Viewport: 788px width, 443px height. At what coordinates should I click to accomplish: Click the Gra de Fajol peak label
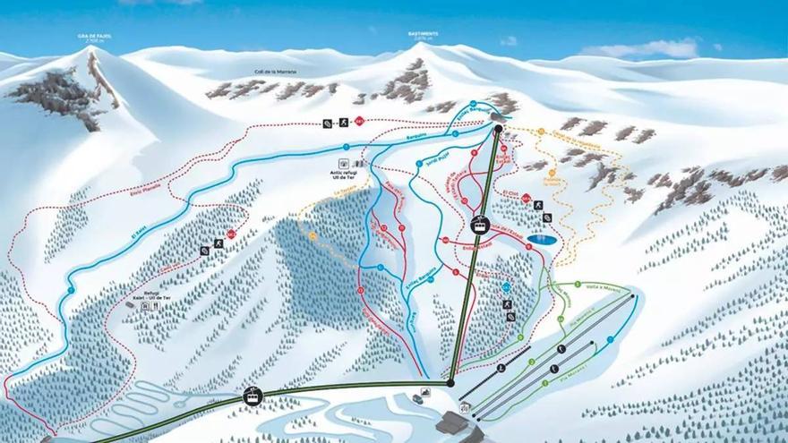pos(92,38)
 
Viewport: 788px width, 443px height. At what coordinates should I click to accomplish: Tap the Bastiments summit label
pos(423,36)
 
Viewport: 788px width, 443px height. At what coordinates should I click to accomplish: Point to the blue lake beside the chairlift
pos(539,240)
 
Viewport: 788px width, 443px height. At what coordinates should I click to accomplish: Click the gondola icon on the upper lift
pos(481,226)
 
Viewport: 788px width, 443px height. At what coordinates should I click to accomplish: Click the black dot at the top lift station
pos(499,129)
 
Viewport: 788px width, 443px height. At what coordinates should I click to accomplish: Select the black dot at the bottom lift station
pos(450,383)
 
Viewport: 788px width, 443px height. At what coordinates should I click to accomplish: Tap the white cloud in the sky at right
pos(654,48)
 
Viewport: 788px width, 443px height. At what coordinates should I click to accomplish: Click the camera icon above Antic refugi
pos(345,164)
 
